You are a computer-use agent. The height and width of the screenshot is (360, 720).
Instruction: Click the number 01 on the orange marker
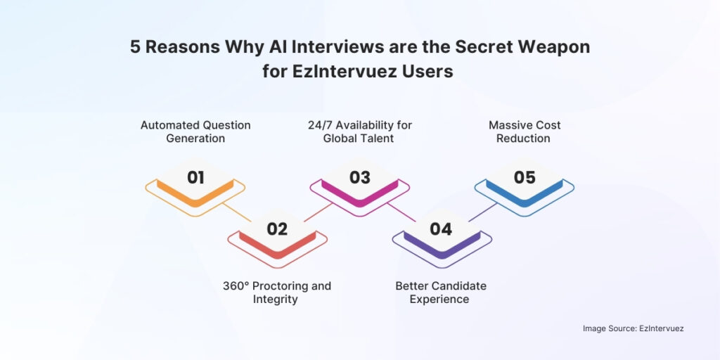tap(195, 177)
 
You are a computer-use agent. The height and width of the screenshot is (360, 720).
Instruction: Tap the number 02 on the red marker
tap(277, 229)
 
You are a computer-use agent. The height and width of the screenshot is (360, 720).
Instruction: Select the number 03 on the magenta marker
tap(359, 177)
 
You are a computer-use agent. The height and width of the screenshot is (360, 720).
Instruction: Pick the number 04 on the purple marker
tap(441, 229)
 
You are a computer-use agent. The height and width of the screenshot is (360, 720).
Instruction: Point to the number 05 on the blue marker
tap(525, 177)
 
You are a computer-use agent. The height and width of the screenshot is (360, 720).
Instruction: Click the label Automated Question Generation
tap(195, 131)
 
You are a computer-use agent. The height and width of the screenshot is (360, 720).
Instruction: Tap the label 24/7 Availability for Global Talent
tap(359, 131)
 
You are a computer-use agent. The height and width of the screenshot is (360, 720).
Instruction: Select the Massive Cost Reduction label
tap(525, 131)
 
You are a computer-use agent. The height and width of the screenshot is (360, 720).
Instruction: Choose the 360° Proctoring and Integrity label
tap(277, 292)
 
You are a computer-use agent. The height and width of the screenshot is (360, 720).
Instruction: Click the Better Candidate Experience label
tap(441, 292)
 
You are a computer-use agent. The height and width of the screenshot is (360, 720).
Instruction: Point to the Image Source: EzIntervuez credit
tap(634, 328)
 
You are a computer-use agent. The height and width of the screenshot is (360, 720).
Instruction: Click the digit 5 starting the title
tap(134, 47)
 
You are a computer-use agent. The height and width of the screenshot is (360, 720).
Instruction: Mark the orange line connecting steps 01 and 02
tap(237, 212)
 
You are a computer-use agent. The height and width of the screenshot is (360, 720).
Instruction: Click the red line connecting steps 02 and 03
tap(318, 212)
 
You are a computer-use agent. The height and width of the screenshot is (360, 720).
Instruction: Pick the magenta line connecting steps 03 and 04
tap(401, 212)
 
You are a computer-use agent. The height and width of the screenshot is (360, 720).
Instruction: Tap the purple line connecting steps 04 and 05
tap(482, 212)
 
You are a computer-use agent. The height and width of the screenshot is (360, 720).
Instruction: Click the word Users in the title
tap(430, 72)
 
